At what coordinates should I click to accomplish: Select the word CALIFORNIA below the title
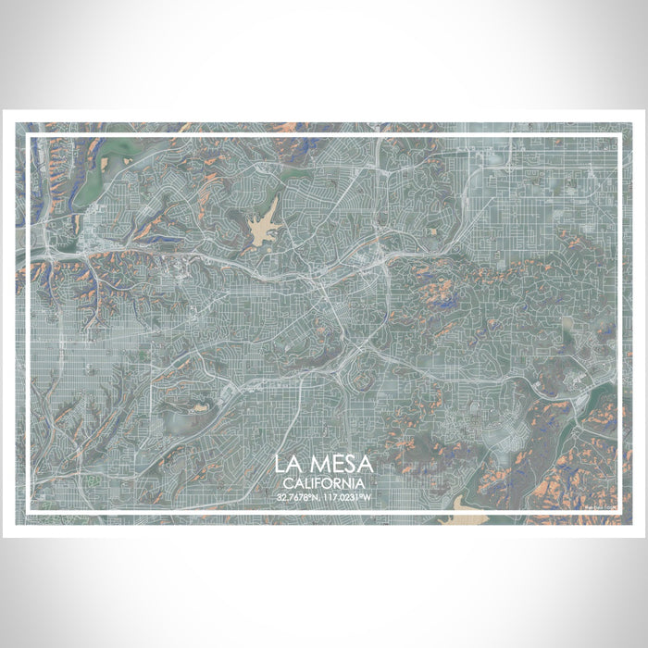(x=324, y=483)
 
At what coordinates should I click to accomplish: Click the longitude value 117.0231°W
(x=349, y=497)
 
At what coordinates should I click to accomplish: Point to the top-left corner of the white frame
(x=29, y=137)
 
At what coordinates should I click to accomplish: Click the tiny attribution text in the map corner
(x=599, y=505)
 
